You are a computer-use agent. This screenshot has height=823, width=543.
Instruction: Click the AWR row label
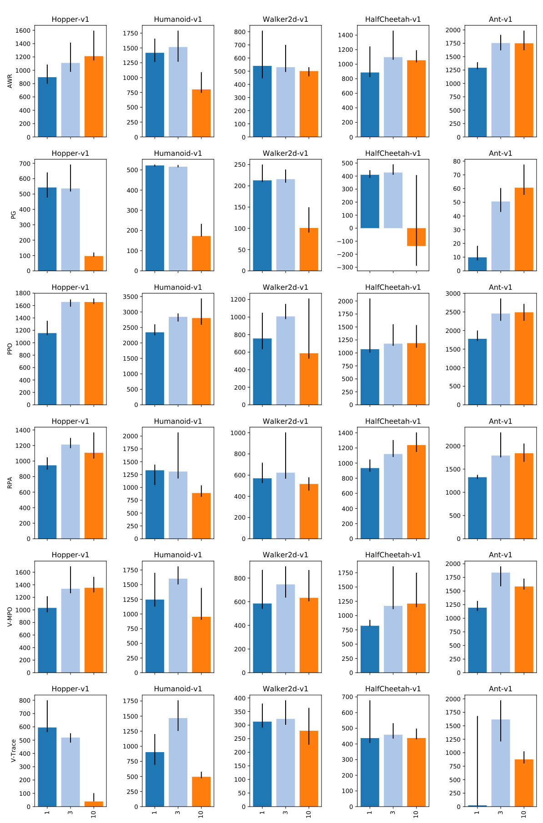[10, 81]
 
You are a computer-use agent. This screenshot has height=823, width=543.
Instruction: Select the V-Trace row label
[13, 750]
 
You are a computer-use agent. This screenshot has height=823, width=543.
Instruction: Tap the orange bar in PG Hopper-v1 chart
[94, 263]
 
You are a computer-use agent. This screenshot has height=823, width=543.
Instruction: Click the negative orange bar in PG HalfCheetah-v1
[416, 237]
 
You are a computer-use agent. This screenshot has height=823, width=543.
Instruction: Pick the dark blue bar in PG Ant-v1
[477, 264]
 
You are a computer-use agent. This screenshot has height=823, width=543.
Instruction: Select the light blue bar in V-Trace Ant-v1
[500, 763]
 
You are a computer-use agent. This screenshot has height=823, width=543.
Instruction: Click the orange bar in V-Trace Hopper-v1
[94, 804]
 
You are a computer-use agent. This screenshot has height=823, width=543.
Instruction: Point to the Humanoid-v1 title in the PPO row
[178, 288]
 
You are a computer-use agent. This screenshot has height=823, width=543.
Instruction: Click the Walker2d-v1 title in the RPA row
[285, 421]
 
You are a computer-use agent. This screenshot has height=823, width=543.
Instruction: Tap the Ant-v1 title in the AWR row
[500, 20]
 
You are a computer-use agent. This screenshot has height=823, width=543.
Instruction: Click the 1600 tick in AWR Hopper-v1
[23, 30]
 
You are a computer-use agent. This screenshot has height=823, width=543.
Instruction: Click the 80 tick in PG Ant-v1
[456, 161]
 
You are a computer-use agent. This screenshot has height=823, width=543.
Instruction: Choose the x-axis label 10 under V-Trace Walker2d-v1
[309, 814]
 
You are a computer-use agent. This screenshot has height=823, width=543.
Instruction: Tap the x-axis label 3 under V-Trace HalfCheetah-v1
[393, 813]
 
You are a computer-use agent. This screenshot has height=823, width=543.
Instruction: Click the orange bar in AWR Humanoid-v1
[201, 113]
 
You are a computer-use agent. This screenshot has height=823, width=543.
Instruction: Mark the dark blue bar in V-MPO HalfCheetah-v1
[370, 649]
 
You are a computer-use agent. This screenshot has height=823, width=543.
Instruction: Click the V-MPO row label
[10, 617]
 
